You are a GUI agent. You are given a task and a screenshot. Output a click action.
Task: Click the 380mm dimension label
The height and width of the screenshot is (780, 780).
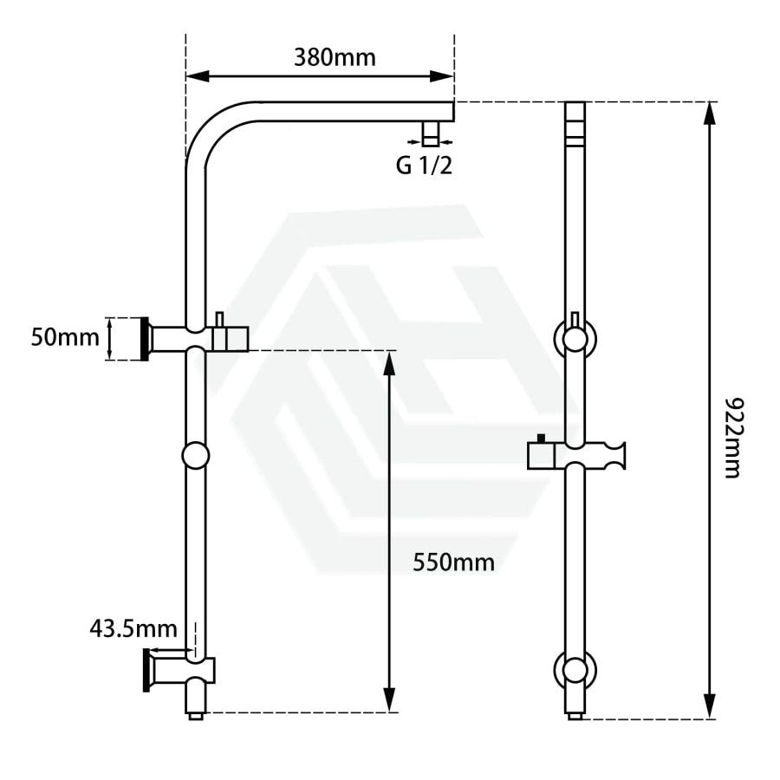click(x=335, y=58)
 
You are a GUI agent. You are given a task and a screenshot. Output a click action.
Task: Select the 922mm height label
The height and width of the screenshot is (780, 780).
click(x=732, y=438)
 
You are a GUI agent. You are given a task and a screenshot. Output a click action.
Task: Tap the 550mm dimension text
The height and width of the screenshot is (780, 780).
click(x=453, y=562)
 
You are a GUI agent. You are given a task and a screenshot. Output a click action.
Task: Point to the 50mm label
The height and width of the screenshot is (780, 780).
click(x=65, y=337)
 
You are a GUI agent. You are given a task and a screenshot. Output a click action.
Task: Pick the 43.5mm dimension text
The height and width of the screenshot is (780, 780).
click(x=133, y=629)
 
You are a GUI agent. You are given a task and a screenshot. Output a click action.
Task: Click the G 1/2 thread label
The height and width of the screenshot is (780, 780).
click(x=424, y=166)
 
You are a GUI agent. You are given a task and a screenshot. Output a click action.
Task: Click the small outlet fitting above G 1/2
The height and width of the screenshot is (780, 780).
click(x=430, y=133)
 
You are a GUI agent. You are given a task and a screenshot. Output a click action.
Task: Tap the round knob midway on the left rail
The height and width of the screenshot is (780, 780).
click(x=196, y=455)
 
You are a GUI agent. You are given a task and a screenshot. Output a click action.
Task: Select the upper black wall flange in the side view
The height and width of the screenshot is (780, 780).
click(x=145, y=339)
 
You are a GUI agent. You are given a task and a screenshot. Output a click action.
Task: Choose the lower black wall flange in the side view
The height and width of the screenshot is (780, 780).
click(x=146, y=670)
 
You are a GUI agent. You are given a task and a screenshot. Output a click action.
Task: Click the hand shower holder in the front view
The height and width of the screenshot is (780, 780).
click(x=576, y=455)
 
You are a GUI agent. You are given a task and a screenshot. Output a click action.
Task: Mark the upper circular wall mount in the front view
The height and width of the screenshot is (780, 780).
click(x=575, y=338)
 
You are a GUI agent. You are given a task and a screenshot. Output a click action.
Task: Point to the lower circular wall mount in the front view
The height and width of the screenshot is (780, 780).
click(x=575, y=670)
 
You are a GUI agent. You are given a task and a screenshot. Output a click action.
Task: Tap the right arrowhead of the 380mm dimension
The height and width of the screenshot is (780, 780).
click(x=442, y=76)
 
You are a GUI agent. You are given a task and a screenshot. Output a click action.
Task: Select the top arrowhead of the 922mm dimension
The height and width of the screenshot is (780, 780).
click(x=711, y=114)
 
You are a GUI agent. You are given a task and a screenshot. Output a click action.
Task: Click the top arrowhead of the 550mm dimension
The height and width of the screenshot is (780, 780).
click(x=389, y=362)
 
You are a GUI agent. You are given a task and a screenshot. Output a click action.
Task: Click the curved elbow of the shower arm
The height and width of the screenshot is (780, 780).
click(x=214, y=129)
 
